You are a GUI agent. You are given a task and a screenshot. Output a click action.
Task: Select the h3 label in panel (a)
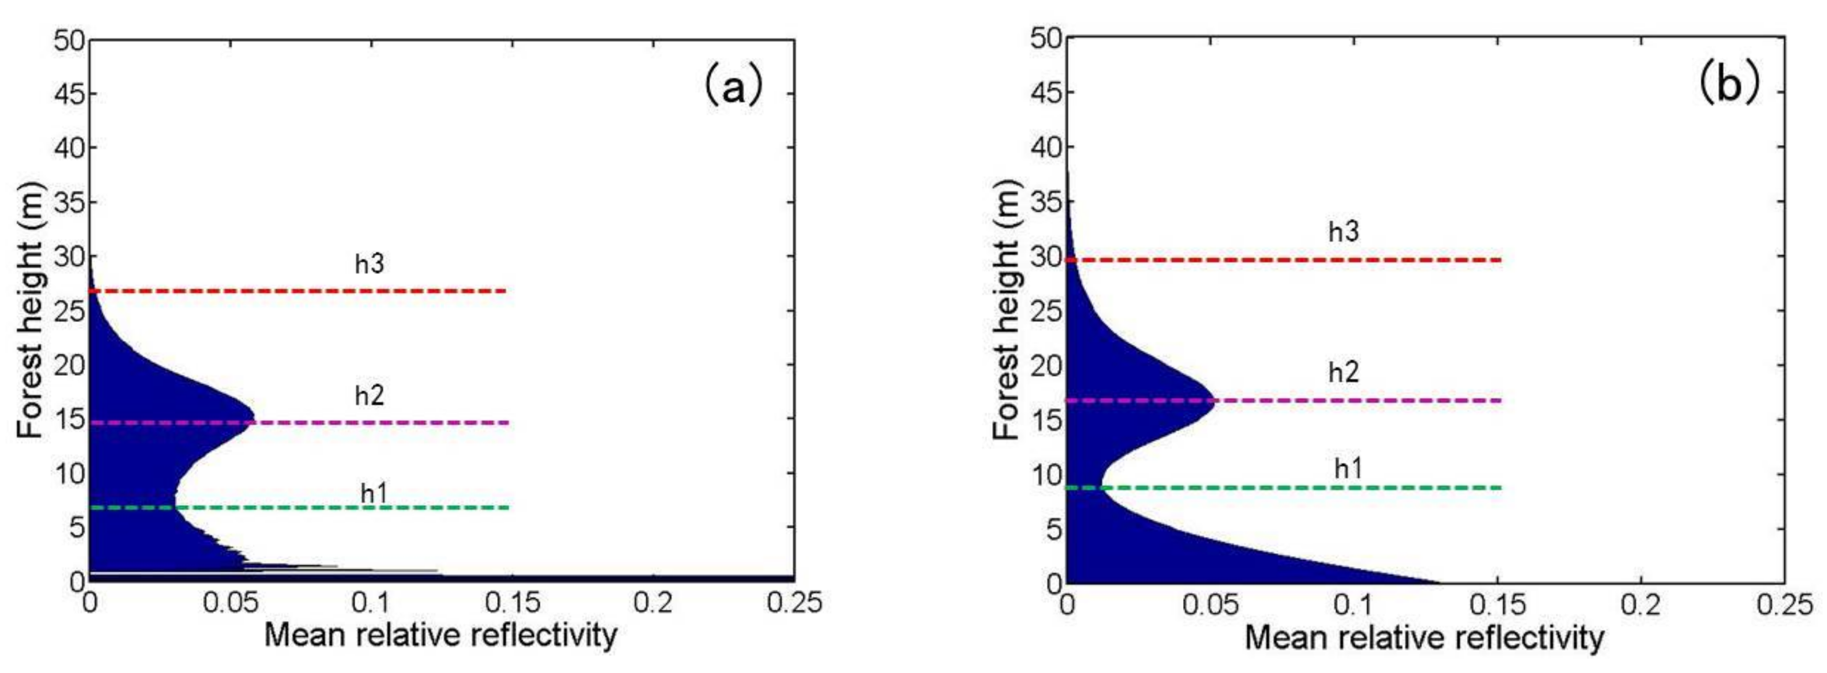pos(369,264)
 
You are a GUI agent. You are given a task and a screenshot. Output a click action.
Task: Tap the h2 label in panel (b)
pos(1344,372)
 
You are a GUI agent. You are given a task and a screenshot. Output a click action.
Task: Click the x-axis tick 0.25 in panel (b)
pos(1784,605)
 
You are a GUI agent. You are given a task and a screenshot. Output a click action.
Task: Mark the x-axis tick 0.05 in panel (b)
pos(1211,605)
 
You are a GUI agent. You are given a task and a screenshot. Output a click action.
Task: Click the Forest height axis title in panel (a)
pos(31,310)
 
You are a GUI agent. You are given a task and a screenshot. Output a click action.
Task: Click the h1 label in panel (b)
pos(1348,468)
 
